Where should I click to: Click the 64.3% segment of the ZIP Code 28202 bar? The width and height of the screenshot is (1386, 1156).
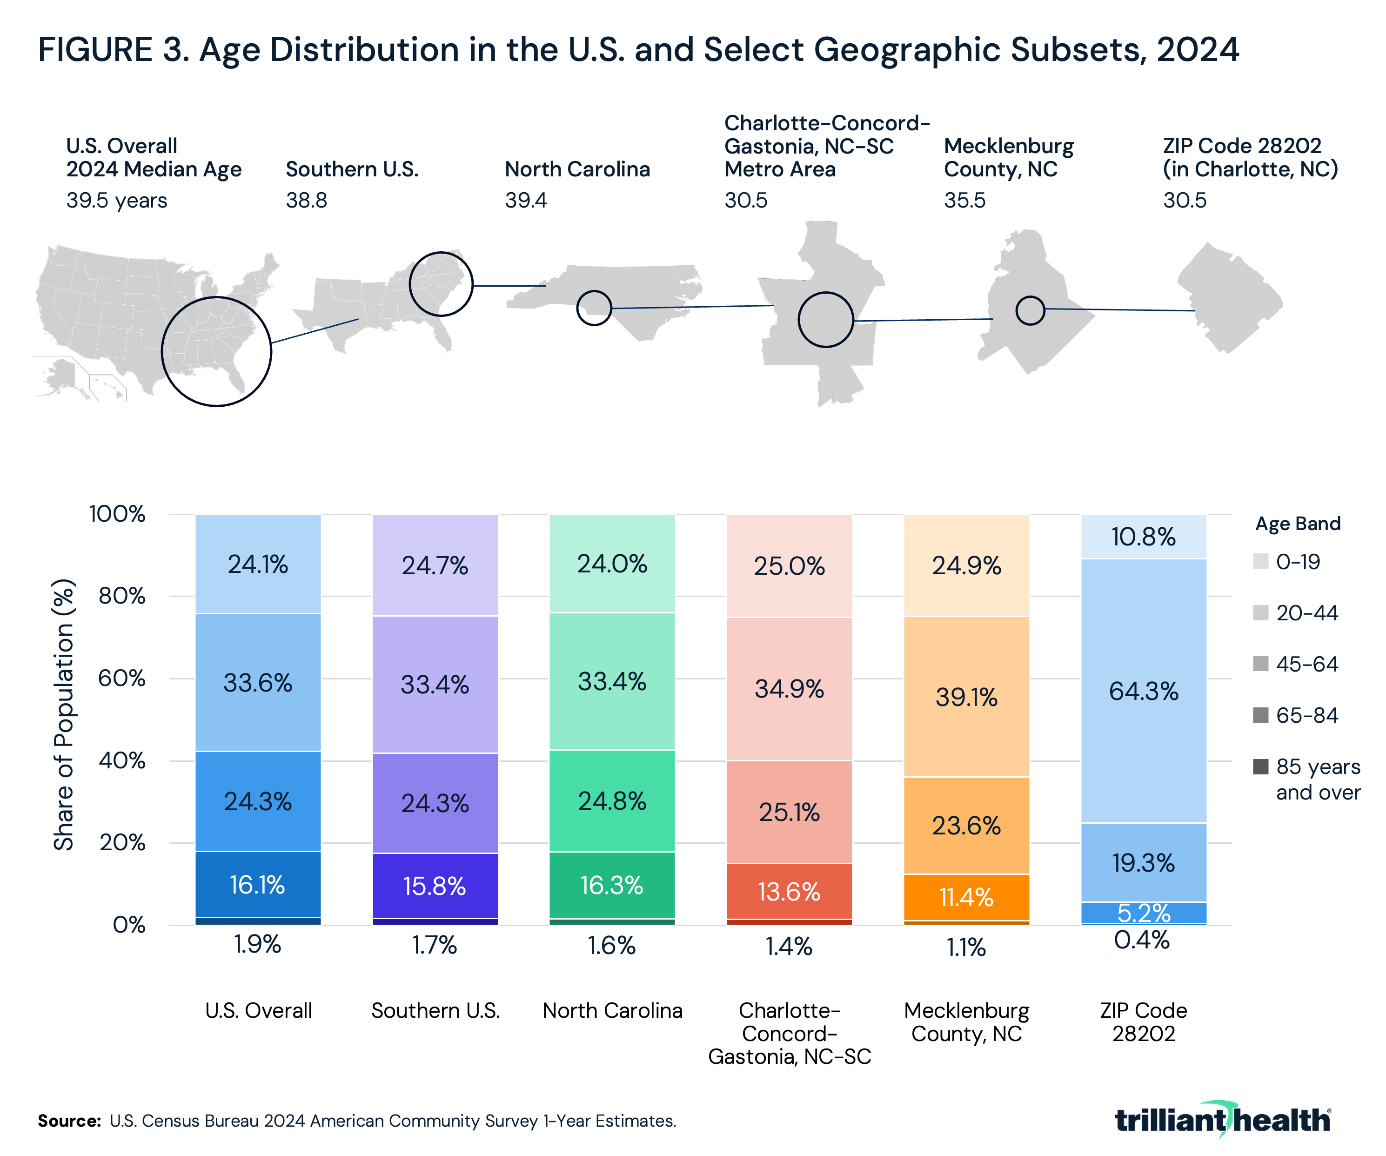pyautogui.click(x=1143, y=691)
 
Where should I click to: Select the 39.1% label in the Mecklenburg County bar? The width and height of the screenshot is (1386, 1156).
pyautogui.click(x=966, y=697)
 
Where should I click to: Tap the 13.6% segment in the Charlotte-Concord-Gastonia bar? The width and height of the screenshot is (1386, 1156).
pyautogui.click(x=789, y=892)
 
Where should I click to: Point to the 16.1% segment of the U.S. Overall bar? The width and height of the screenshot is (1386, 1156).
pyautogui.click(x=257, y=885)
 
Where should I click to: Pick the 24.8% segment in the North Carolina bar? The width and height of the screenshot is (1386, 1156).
pyautogui.click(x=612, y=801)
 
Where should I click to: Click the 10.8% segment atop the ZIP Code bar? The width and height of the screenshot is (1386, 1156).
pyautogui.click(x=1143, y=537)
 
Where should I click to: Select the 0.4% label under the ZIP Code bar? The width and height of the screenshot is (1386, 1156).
pyautogui.click(x=1142, y=940)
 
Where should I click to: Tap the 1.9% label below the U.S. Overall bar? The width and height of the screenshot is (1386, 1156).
pyautogui.click(x=257, y=945)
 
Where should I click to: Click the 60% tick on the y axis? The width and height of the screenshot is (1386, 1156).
pyautogui.click(x=122, y=678)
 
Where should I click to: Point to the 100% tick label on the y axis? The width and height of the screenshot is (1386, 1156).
pyautogui.click(x=118, y=514)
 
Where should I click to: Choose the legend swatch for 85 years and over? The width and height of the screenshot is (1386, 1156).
pyautogui.click(x=1260, y=766)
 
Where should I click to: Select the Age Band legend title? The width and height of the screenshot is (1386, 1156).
pyautogui.click(x=1298, y=524)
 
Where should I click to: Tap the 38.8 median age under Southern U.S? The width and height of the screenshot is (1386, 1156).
pyautogui.click(x=306, y=200)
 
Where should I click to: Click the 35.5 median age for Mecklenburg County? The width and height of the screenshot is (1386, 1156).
pyautogui.click(x=964, y=200)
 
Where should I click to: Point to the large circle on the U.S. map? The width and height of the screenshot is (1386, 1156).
pyautogui.click(x=216, y=352)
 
